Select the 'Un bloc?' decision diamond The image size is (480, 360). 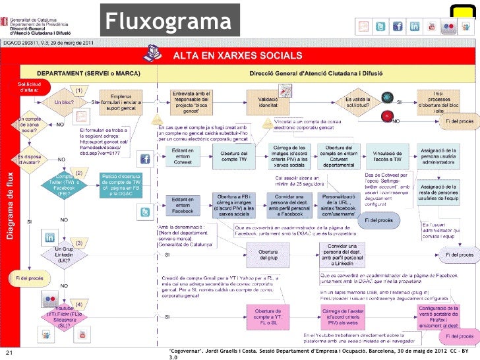pyautogui.click(x=64, y=103)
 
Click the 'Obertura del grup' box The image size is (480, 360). pyautogui.click(x=268, y=255)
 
